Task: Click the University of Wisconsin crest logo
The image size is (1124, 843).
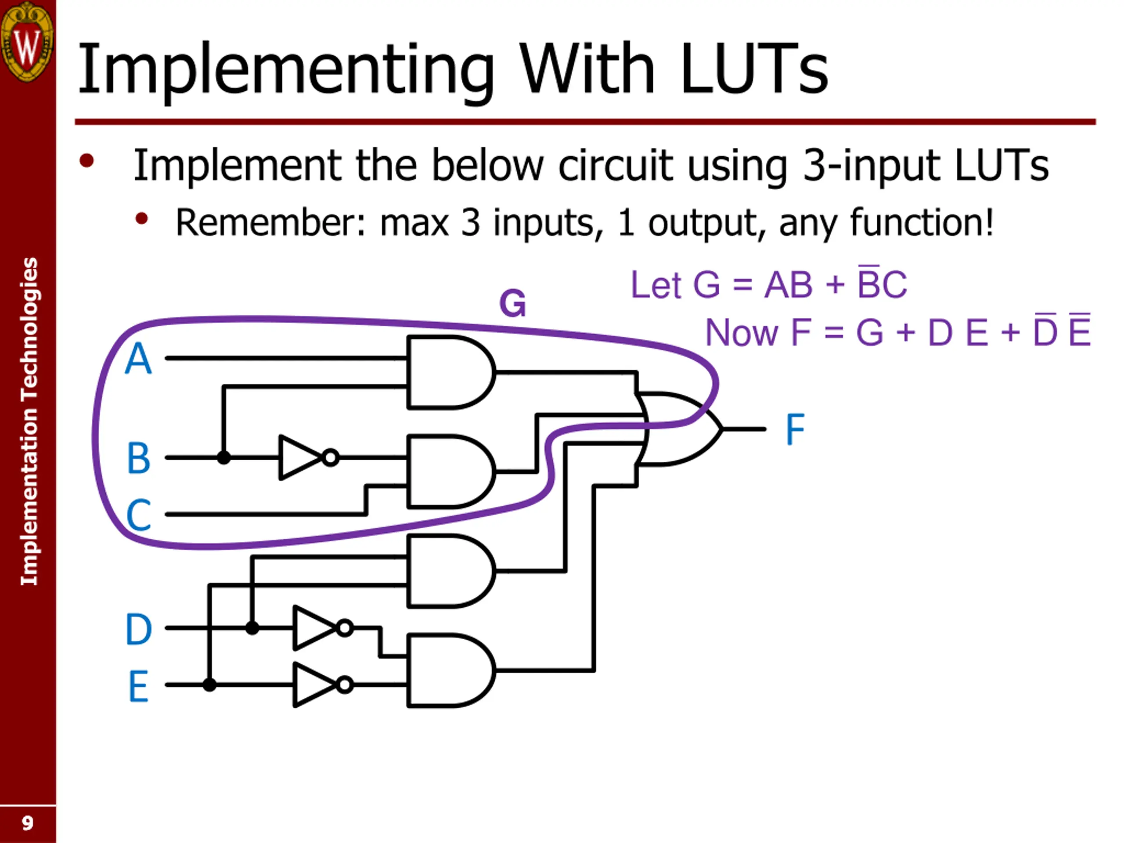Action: (27, 41)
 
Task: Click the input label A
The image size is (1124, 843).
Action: (138, 359)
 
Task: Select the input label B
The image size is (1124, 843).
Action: (139, 458)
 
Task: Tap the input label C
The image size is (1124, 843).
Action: (139, 514)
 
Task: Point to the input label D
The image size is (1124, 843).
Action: (139, 629)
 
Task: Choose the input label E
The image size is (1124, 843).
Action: (139, 686)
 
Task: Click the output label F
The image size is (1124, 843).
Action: (795, 429)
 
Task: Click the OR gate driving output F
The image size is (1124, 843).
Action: (678, 429)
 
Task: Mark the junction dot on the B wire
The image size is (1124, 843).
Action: (223, 458)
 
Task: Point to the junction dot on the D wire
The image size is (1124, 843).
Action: (252, 628)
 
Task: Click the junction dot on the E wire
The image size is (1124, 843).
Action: (209, 685)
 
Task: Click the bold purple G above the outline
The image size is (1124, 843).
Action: (512, 303)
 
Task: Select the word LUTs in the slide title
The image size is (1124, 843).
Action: (753, 68)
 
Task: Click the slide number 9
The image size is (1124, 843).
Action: (27, 823)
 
